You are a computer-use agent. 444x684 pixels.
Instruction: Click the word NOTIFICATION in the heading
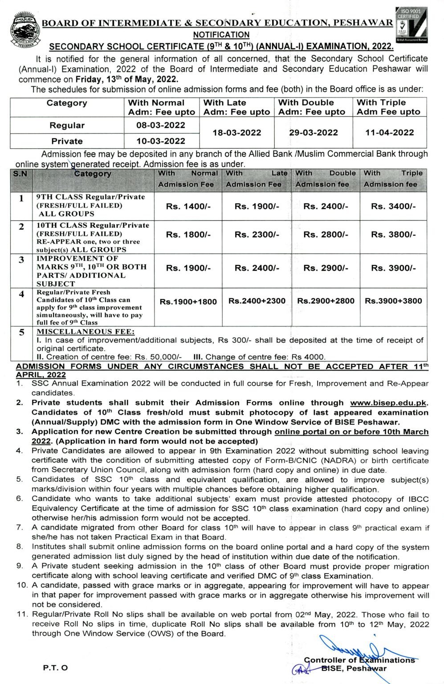[221, 35]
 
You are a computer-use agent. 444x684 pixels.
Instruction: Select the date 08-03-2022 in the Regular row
[161, 126]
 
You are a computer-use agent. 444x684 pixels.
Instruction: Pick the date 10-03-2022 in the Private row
[161, 141]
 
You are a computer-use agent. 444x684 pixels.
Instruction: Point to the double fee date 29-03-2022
[312, 133]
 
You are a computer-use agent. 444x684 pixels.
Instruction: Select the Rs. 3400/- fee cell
[393, 207]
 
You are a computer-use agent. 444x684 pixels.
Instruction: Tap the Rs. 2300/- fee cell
[257, 235]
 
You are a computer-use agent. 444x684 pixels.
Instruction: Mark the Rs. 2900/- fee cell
[326, 268]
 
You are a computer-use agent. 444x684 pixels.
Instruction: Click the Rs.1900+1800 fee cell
[188, 301]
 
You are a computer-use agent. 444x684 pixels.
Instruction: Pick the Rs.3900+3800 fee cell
[393, 301]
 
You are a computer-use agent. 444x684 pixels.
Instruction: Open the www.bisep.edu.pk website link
[388, 403]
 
